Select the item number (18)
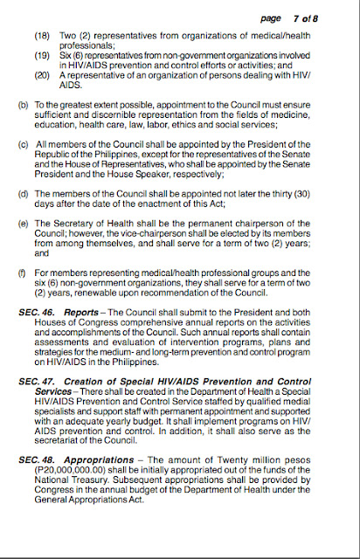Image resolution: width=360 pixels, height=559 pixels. click(x=42, y=38)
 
